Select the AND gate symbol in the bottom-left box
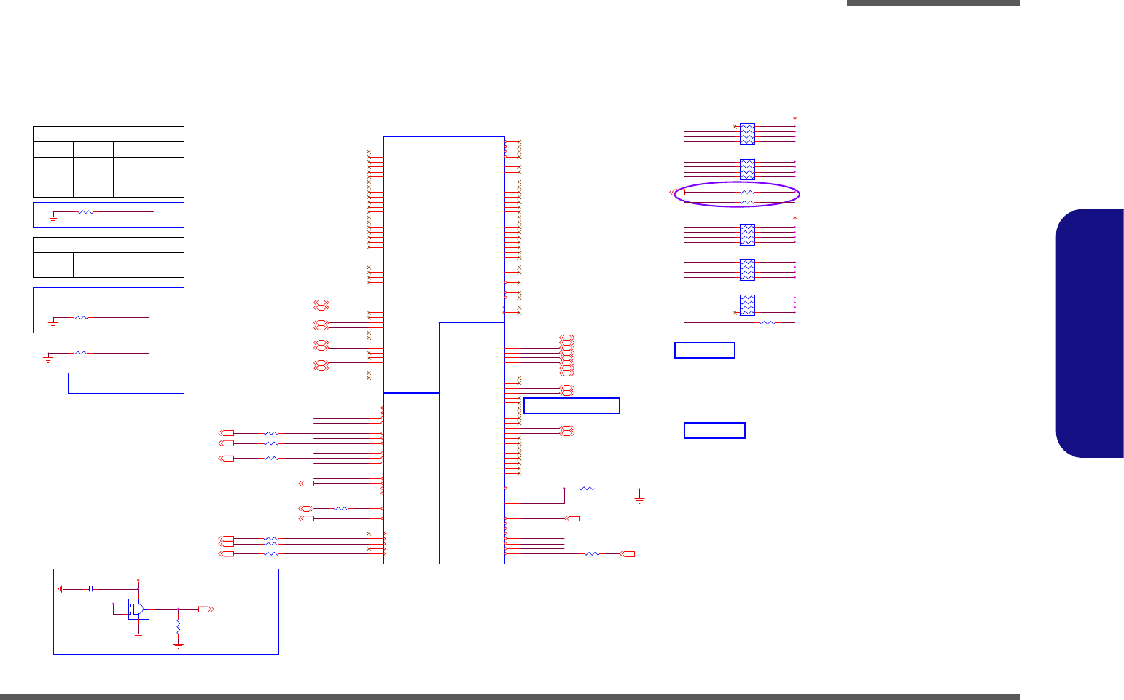coord(138,609)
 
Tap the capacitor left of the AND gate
coord(90,588)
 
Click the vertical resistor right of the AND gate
coord(178,627)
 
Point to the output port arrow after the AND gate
coord(206,609)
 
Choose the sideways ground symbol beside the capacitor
coord(63,588)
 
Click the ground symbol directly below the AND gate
coord(138,636)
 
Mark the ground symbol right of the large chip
coord(639,499)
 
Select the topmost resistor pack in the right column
coord(747,134)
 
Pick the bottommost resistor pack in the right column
coord(747,305)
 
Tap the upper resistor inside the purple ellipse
coord(747,192)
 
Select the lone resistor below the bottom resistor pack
coord(768,322)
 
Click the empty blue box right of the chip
coord(571,405)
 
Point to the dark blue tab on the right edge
coord(1090,333)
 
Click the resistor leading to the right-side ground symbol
coord(587,489)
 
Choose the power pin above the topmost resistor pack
coord(795,117)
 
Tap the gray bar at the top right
coord(933,3)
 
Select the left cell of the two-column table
coord(53,265)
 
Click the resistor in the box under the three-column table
coord(86,212)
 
